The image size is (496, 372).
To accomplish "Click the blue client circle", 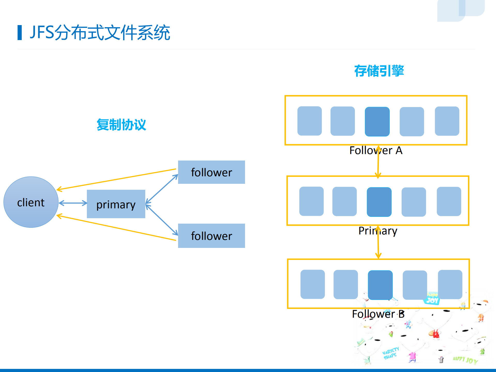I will (x=31, y=202).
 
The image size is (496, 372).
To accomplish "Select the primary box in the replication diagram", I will (x=116, y=204).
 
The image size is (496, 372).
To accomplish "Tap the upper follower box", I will (x=211, y=172).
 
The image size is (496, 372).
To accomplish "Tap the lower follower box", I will (x=211, y=236).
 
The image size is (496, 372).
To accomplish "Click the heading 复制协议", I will (x=121, y=125).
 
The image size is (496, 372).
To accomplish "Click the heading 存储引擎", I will (x=379, y=71).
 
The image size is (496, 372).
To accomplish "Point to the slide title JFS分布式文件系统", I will (x=100, y=33).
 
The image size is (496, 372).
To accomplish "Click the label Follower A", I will (x=376, y=150).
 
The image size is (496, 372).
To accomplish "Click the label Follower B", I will (x=378, y=314).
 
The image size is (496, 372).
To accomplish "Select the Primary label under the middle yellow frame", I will (x=378, y=231).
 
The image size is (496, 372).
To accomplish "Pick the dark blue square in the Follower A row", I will (x=377, y=122).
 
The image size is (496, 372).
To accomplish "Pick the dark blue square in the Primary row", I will (x=379, y=202).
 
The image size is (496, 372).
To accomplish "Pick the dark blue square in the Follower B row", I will (x=380, y=285).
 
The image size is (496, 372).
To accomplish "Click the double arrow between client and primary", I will (x=73, y=203).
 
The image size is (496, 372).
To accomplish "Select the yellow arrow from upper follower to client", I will (x=116, y=179).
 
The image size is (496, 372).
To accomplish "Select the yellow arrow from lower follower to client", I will (x=116, y=228).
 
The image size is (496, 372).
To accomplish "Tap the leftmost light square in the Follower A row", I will (x=309, y=121).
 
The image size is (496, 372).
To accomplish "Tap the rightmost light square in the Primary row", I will (x=449, y=201).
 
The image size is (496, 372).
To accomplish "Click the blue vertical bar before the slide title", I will (x=20, y=33).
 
